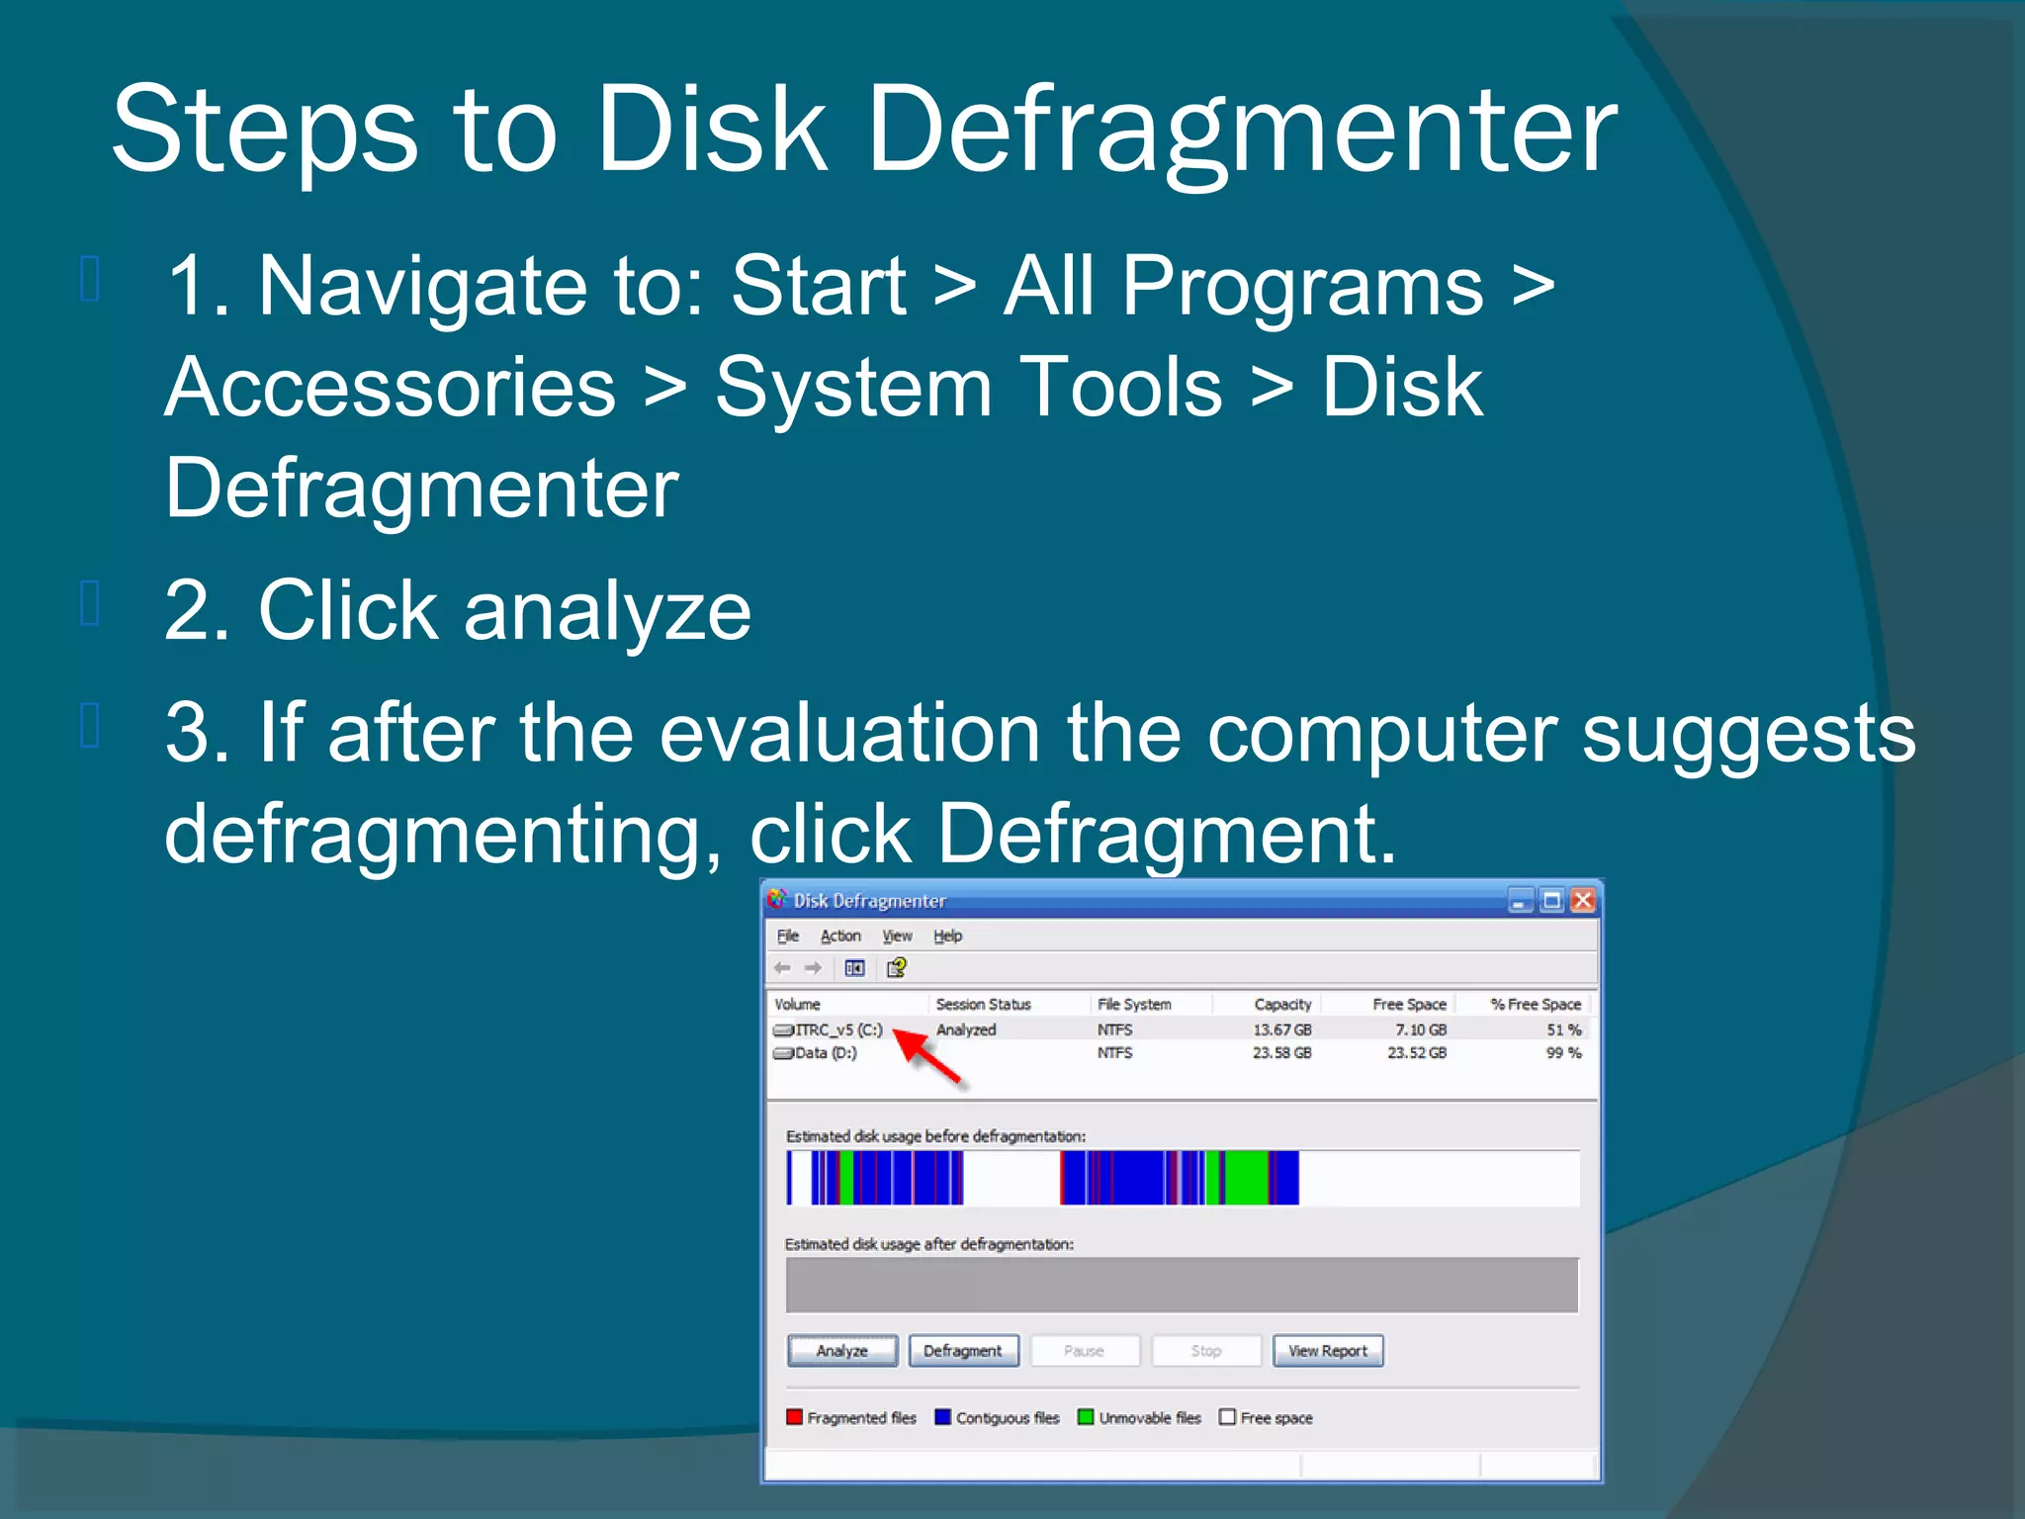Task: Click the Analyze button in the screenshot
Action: [841, 1351]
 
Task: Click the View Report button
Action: [1327, 1351]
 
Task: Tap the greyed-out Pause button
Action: [1084, 1351]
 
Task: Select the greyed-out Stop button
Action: [1205, 1351]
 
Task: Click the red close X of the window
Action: [1583, 900]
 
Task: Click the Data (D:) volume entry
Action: [825, 1053]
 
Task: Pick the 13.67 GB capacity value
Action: [1281, 1029]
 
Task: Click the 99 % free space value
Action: [1563, 1053]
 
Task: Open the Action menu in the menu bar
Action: [840, 936]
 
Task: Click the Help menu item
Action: [947, 936]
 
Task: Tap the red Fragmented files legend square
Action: [794, 1417]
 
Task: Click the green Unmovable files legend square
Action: [1086, 1417]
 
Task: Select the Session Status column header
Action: [983, 1004]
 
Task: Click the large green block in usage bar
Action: [1246, 1178]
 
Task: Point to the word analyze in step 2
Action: [607, 611]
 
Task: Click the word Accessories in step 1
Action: [391, 388]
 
